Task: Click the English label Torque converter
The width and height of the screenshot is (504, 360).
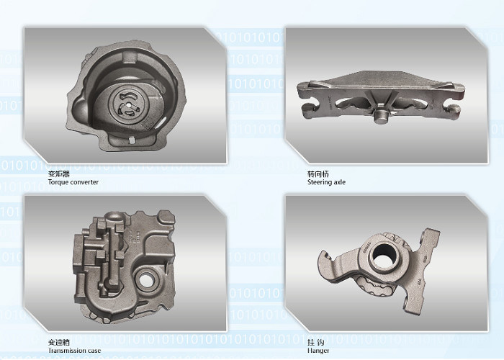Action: (x=73, y=182)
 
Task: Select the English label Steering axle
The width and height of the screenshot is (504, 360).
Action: (x=326, y=182)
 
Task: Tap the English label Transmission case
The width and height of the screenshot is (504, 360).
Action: (x=74, y=351)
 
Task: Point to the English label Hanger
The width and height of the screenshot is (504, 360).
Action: (x=318, y=351)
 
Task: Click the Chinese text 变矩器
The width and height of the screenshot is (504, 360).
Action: (x=58, y=174)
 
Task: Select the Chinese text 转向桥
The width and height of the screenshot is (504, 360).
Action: (x=318, y=174)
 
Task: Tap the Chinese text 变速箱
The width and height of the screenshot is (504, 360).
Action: (x=58, y=343)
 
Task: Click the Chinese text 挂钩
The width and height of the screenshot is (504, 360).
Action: (x=315, y=343)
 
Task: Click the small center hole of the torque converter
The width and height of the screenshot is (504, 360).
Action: (x=128, y=104)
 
